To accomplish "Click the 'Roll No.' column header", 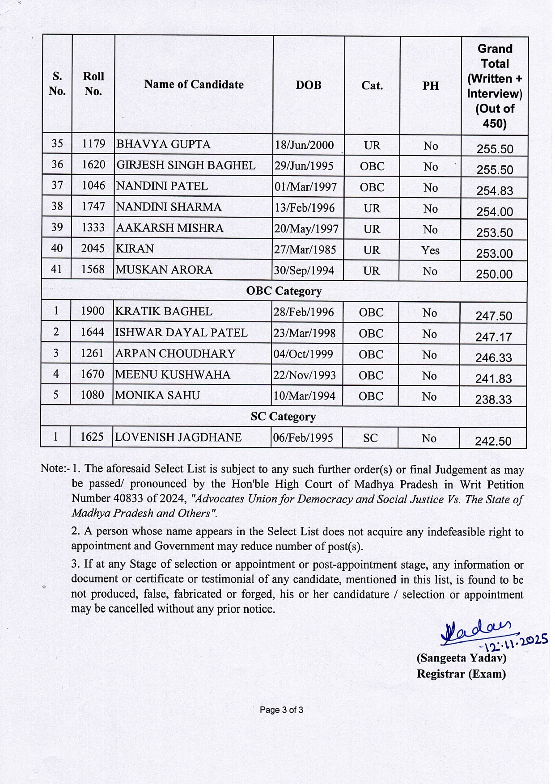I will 93,84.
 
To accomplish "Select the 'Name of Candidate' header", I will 194,84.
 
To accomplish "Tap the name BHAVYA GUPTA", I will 163,144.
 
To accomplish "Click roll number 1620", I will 93,165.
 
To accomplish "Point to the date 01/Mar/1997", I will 306,187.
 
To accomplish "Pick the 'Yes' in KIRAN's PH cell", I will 430,250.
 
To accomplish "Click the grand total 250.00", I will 494,274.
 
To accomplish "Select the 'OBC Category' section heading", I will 284,291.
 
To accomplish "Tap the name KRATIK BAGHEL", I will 164,312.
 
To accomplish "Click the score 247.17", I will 493,337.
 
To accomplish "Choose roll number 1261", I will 92,353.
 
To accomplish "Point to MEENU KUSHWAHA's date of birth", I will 305,375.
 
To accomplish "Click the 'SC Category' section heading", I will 283,417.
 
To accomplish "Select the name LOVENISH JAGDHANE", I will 178,437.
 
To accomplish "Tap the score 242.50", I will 493,441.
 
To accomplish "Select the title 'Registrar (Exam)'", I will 461,674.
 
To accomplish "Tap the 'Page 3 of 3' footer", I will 281,710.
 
